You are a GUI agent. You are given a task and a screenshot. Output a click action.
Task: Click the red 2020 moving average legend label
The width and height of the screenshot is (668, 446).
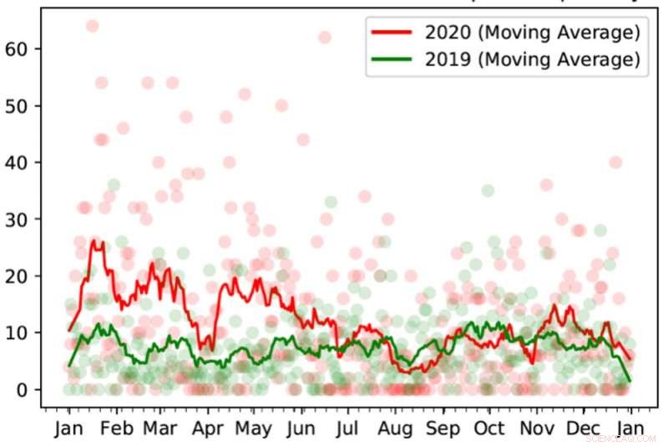(x=532, y=33)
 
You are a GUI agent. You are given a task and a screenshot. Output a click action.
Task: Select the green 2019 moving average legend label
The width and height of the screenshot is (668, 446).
(x=532, y=59)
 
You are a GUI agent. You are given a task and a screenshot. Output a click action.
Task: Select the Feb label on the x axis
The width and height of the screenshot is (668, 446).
(x=116, y=428)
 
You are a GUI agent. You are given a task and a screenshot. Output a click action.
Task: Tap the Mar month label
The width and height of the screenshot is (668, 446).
(x=160, y=428)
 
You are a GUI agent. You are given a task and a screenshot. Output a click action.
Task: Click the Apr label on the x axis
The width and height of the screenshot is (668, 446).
(x=207, y=428)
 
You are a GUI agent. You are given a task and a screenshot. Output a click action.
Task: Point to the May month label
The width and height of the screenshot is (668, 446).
(x=253, y=428)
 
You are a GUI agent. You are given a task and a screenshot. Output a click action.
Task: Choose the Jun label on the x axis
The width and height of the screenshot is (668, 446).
(x=300, y=428)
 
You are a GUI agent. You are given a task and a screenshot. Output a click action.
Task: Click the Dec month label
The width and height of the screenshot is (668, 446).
(x=582, y=428)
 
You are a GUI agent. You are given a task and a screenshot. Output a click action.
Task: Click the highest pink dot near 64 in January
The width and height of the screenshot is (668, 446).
(x=92, y=26)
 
